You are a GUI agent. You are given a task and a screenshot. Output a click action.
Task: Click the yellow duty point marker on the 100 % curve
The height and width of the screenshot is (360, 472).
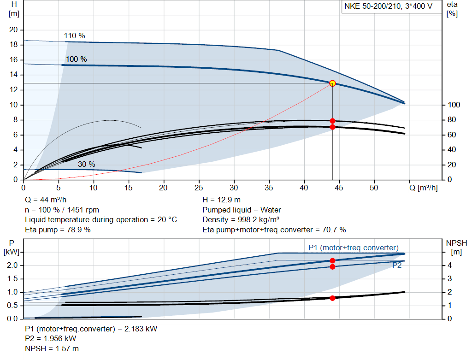(332, 83)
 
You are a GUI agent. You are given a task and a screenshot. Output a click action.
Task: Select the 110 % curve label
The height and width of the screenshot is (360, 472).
(75, 36)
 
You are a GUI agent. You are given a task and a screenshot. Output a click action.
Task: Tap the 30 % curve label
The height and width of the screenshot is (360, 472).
(86, 164)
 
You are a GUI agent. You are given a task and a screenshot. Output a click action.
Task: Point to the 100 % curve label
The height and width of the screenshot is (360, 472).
(76, 59)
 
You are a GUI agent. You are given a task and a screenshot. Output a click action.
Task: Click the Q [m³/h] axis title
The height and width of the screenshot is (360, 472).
(424, 188)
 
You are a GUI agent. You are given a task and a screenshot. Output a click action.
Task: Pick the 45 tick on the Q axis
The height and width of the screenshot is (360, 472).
(339, 188)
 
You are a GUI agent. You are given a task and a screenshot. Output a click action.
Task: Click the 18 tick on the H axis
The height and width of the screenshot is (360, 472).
(13, 45)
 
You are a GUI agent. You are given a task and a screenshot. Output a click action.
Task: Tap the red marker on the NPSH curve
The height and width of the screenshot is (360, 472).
(332, 298)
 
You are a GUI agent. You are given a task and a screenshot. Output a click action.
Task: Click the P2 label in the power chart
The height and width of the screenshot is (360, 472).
(397, 266)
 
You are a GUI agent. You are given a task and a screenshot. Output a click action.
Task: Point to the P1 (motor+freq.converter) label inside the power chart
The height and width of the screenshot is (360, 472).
(353, 248)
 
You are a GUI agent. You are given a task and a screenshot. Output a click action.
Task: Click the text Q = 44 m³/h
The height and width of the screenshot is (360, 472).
(46, 200)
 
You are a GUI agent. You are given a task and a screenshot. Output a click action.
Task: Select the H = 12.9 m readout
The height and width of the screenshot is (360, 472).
(222, 200)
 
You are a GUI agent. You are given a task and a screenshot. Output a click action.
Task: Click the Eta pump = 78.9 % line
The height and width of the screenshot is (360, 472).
(58, 230)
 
